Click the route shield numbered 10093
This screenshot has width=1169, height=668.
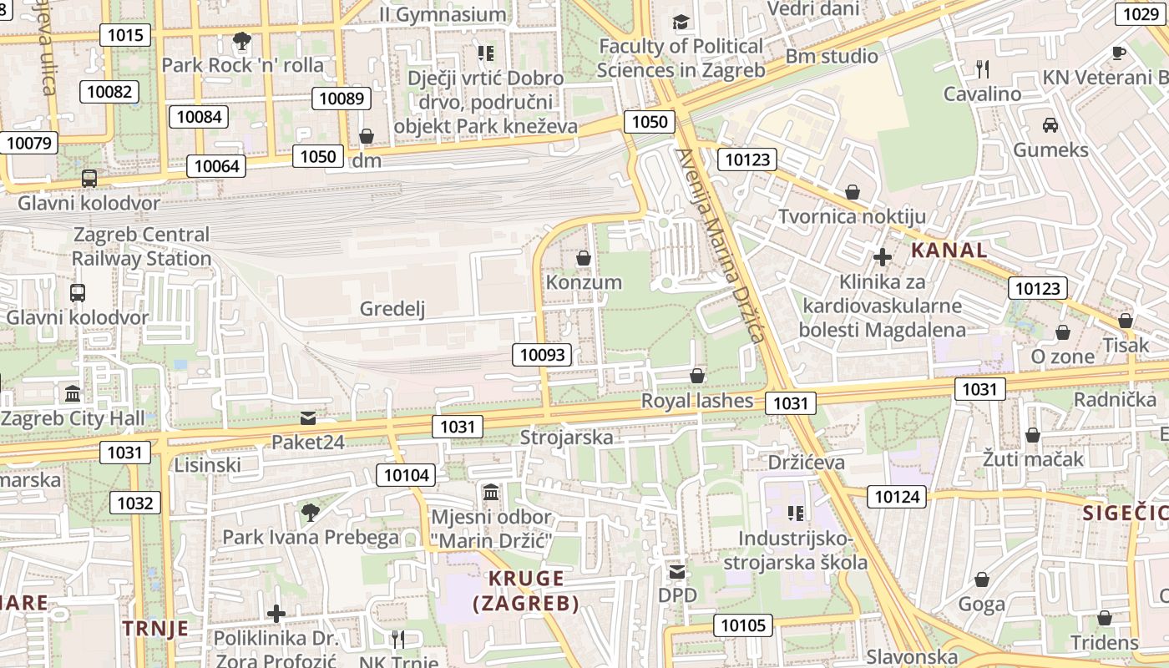click(x=543, y=355)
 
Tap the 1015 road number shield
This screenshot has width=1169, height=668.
click(x=125, y=35)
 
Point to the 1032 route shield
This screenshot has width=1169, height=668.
click(x=135, y=503)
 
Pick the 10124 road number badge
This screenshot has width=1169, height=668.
click(x=897, y=497)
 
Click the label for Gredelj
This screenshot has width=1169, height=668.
click(x=392, y=309)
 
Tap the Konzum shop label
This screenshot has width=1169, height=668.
click(x=584, y=282)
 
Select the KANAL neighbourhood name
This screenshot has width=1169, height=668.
click(x=949, y=250)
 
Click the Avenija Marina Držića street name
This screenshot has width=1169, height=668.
click(x=720, y=246)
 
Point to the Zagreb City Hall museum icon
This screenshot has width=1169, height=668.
click(x=73, y=393)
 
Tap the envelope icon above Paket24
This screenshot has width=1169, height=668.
click(x=308, y=417)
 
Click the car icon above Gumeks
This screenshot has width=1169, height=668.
click(x=1050, y=125)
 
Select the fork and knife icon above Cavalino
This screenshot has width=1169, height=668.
click(x=983, y=68)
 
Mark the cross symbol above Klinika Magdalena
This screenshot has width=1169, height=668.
click(x=883, y=257)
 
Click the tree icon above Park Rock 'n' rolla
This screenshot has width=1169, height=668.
click(x=242, y=40)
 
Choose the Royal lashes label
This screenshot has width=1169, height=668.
click(x=696, y=401)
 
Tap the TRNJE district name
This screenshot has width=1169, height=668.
click(x=155, y=629)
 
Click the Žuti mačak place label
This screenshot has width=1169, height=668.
click(x=1033, y=458)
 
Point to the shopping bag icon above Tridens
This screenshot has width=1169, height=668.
click(x=1104, y=618)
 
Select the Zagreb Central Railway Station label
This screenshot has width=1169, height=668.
click(x=141, y=246)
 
